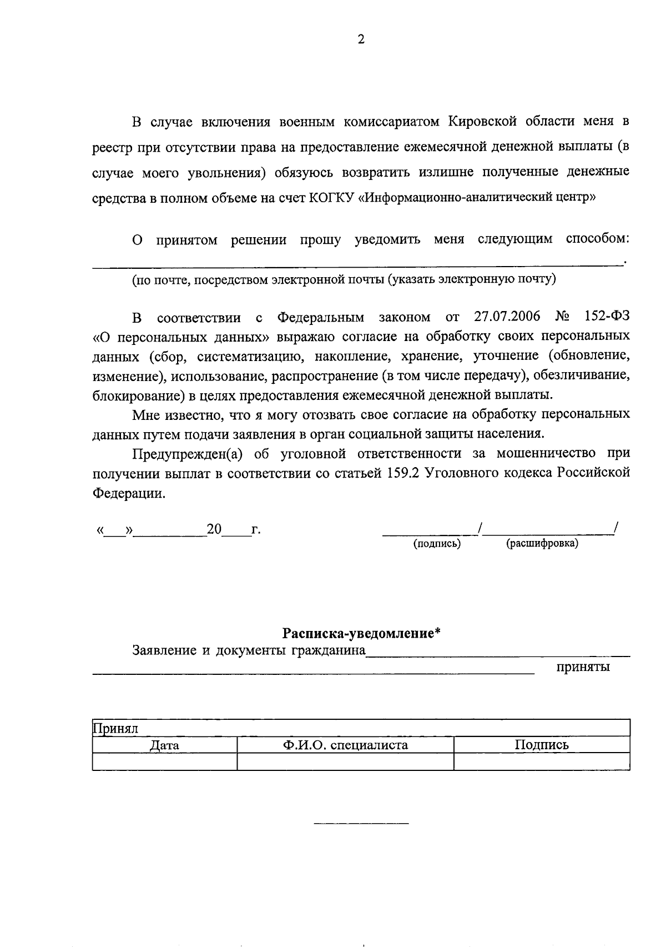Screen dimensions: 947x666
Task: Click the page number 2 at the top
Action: point(361,39)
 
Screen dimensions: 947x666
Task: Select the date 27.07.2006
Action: point(507,317)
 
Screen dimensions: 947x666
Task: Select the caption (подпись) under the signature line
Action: point(437,544)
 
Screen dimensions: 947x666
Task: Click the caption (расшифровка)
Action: point(542,544)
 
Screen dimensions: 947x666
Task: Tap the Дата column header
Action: point(164,745)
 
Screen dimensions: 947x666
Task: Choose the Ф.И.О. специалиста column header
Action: point(345,745)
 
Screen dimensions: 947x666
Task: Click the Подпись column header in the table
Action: point(541,745)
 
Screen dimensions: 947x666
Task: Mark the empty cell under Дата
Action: point(164,761)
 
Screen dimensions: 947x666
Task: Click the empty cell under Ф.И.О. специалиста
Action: point(345,761)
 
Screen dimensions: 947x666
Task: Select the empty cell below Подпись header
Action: point(541,761)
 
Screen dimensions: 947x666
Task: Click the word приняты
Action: point(583,667)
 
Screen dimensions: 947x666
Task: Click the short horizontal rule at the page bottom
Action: point(361,823)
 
